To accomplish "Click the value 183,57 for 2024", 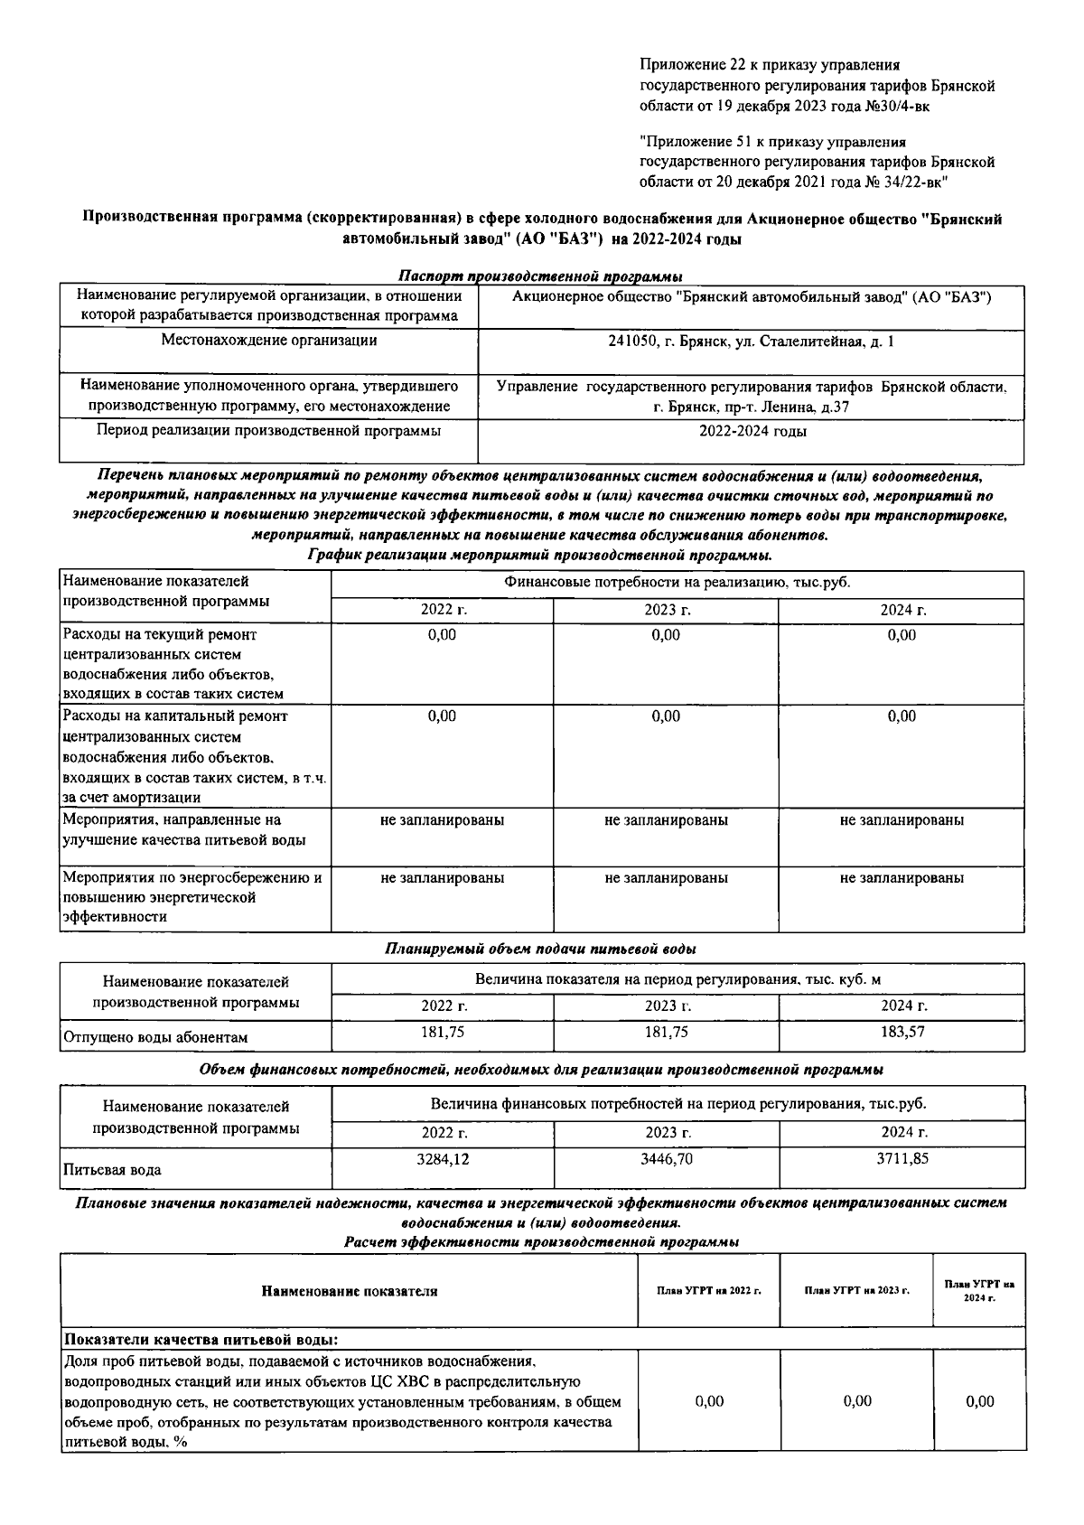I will [x=902, y=1032].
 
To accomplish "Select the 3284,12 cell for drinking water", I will [x=443, y=1158].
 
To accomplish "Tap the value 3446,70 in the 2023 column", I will [x=667, y=1158].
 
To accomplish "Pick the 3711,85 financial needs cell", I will [x=902, y=1158].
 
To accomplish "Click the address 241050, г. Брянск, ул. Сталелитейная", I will [x=751, y=341].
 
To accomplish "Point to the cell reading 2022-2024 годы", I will [x=752, y=431].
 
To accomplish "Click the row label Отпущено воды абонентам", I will [x=155, y=1038].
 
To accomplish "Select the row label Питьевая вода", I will [x=112, y=1170].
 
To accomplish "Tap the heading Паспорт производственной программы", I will [x=540, y=276].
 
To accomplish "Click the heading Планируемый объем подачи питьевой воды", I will [x=540, y=950].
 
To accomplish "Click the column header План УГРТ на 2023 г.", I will [x=856, y=1291].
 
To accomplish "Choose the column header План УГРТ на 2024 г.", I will [x=979, y=1291].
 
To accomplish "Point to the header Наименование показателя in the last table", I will [x=350, y=1291].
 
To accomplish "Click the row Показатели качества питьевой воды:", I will [x=201, y=1339].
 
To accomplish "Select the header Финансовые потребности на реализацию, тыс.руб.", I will [x=677, y=584].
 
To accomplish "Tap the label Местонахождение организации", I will [x=269, y=341].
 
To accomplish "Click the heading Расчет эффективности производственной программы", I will [x=542, y=1242].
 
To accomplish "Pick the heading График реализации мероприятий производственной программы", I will [x=540, y=555].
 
